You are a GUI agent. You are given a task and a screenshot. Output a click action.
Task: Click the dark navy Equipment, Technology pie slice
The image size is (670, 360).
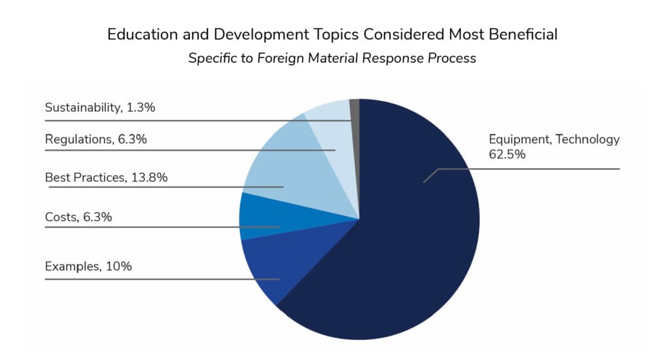406,249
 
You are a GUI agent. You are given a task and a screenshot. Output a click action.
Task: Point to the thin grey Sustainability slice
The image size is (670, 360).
355,108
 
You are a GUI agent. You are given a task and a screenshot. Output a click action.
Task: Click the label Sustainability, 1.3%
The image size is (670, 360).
99,107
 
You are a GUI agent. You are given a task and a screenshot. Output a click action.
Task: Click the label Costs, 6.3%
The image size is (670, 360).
79,216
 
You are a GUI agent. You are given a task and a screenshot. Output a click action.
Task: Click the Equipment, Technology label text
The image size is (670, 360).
554,139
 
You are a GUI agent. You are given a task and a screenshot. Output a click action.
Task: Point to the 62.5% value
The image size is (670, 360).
507,154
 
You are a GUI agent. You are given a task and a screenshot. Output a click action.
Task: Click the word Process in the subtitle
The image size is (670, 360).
451,58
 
